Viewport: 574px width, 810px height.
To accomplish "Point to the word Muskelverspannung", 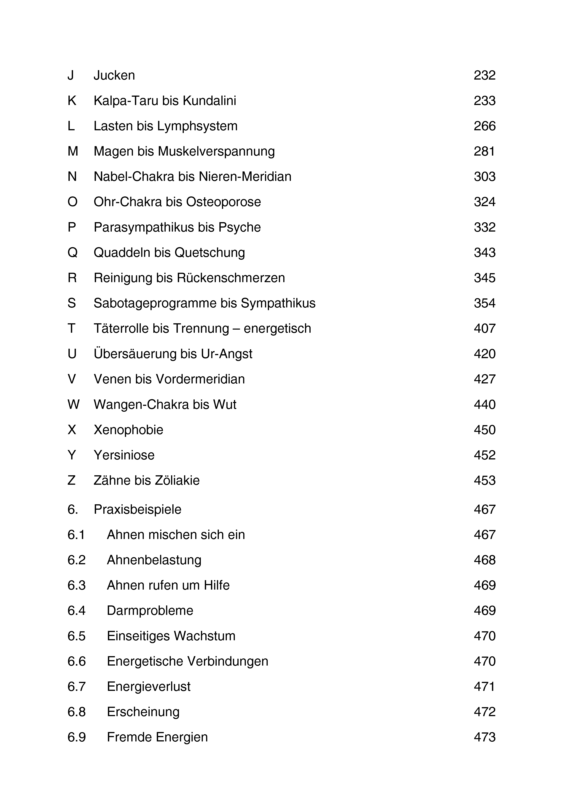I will [216, 151].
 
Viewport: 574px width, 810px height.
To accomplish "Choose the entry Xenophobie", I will [128, 430].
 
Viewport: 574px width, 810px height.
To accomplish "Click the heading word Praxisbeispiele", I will [137, 509].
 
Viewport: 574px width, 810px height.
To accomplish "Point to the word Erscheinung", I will [143, 712].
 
